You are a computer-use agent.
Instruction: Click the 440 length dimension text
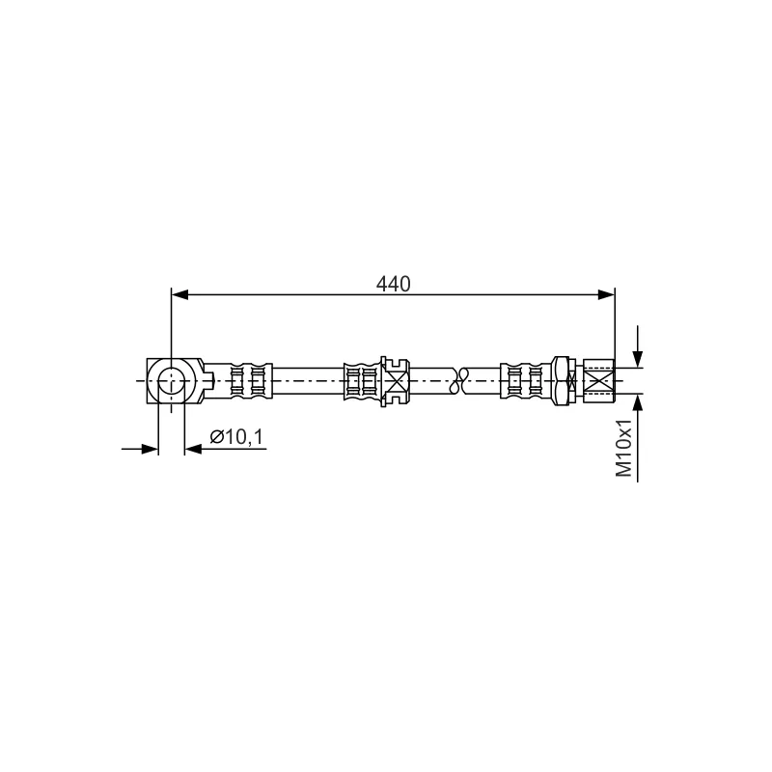coord(393,284)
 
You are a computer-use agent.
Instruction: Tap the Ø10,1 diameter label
coord(236,436)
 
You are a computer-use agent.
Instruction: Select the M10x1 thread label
coord(623,449)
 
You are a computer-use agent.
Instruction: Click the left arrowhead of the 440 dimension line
coord(179,294)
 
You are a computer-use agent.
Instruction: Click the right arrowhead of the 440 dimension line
coord(606,294)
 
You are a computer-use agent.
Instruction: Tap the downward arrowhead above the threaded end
coord(638,358)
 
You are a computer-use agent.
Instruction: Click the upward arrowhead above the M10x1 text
coord(638,402)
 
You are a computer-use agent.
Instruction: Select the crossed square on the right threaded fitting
coord(599,381)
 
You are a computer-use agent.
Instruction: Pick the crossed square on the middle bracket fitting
coord(397,381)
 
